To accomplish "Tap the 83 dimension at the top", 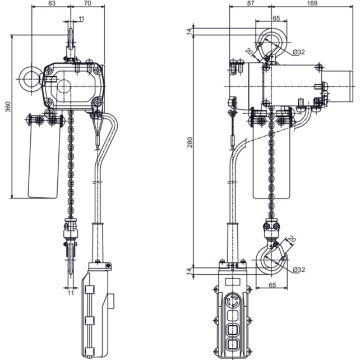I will (x=51, y=4).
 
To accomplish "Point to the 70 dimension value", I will (x=87, y=4).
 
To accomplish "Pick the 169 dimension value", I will (x=314, y=4).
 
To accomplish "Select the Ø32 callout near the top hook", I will (x=299, y=52).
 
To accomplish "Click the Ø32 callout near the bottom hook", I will (x=299, y=270).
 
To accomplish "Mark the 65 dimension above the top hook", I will (x=276, y=19).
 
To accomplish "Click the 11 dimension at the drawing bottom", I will (x=71, y=293).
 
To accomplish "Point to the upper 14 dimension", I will (x=190, y=31).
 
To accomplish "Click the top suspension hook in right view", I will (x=270, y=46).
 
